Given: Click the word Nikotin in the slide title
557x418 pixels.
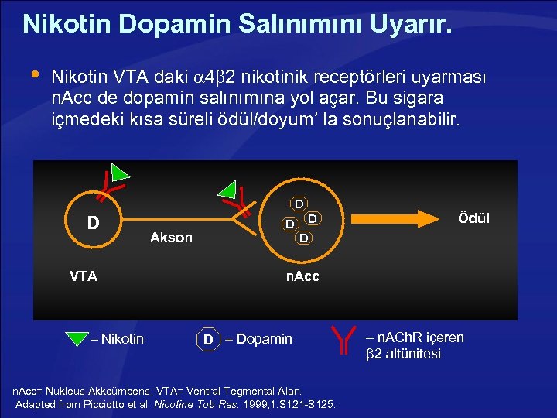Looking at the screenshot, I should pyautogui.click(x=64, y=24).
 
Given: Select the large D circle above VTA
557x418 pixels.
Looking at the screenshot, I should pyautogui.click(x=93, y=223).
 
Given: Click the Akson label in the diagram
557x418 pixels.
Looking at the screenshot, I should pyautogui.click(x=171, y=238).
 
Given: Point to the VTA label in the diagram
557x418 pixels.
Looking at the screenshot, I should pyautogui.click(x=83, y=276).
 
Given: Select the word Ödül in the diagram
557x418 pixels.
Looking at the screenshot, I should pyautogui.click(x=473, y=218).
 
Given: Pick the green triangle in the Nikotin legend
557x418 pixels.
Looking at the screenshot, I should pyautogui.click(x=77, y=339).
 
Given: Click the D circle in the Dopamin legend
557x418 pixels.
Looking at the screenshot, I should pyautogui.click(x=208, y=339).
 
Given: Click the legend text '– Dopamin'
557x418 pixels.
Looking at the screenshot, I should pyautogui.click(x=260, y=339).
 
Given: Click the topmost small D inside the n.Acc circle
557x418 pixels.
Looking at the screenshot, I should pyautogui.click(x=298, y=204).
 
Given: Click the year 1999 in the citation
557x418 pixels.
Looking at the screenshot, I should pyautogui.click(x=254, y=404).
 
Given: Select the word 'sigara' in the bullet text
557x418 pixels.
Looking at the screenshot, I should pyautogui.click(x=427, y=99).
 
